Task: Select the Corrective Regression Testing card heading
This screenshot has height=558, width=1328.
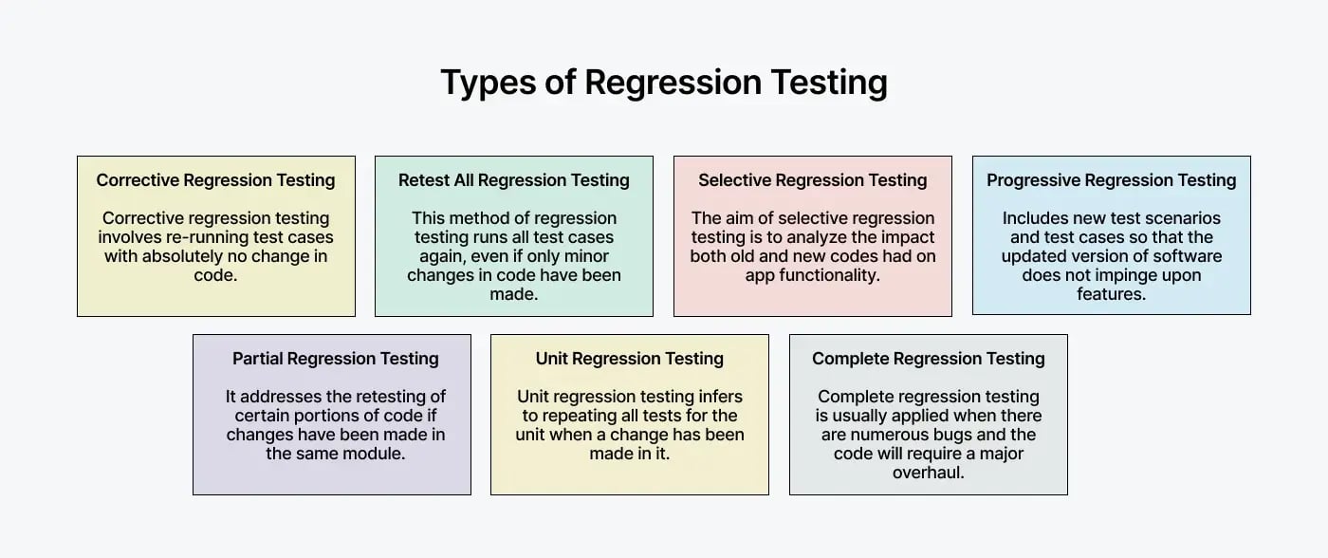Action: coord(216,180)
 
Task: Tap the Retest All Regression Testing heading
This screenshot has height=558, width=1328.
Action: coord(514,180)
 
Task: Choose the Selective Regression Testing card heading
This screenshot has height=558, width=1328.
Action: coord(813,180)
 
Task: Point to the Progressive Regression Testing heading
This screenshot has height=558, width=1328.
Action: coord(1112,180)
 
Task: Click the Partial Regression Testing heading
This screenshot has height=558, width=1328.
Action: coord(336,359)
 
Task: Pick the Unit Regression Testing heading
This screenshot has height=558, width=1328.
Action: coord(630,359)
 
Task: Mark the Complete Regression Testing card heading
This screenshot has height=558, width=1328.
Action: coord(929,359)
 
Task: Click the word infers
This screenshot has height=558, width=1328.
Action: coord(717,397)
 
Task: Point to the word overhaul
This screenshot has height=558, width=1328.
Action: coord(929,473)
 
